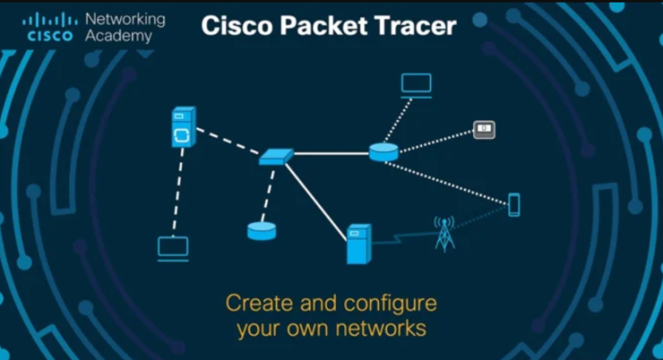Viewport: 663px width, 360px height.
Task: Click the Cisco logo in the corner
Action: coord(50,27)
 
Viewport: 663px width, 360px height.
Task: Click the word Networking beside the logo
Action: coord(125,20)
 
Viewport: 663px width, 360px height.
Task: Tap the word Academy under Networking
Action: coord(118,36)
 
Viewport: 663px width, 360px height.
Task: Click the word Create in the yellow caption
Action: coord(259,303)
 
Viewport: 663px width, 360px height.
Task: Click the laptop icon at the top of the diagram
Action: coord(416,85)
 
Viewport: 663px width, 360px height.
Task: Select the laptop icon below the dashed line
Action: coord(174,249)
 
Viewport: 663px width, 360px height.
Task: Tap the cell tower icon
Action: coord(445,234)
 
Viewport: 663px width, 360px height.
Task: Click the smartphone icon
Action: coord(515,205)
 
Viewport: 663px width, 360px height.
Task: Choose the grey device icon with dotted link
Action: coord(484,129)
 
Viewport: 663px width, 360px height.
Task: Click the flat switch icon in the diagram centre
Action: coord(276,156)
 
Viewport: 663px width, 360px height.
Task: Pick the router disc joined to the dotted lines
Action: coord(383,152)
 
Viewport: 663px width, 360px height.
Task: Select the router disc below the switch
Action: coord(262,231)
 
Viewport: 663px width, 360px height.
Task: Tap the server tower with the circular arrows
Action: coord(184,127)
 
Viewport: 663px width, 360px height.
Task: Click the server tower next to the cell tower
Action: coord(359,244)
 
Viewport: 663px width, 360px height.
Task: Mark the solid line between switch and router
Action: coord(331,154)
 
